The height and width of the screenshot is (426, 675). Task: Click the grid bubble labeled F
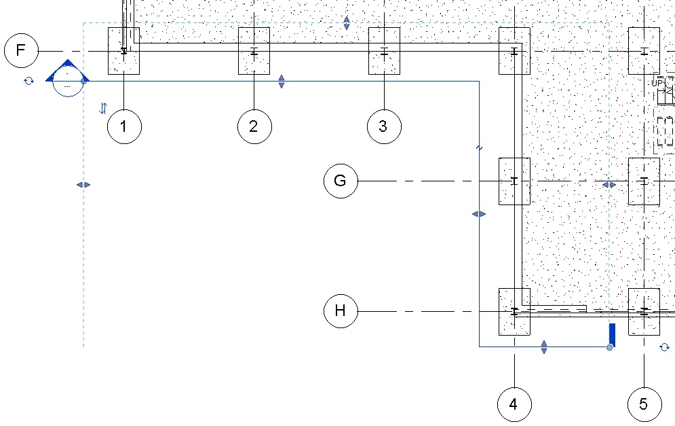pyautogui.click(x=21, y=51)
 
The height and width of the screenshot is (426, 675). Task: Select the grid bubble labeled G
pyautogui.click(x=341, y=181)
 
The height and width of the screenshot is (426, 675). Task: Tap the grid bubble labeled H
pyautogui.click(x=341, y=311)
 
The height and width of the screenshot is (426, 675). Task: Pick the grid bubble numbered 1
pyautogui.click(x=124, y=126)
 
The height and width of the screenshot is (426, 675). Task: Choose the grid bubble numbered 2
pyautogui.click(x=254, y=126)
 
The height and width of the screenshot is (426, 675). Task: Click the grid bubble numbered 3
pyautogui.click(x=384, y=126)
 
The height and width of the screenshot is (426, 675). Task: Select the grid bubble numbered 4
pyautogui.click(x=514, y=405)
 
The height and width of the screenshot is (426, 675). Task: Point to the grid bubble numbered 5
pyautogui.click(x=644, y=405)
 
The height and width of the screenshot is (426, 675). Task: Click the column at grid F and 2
pyautogui.click(x=254, y=51)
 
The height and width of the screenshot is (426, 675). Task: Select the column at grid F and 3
pyautogui.click(x=384, y=51)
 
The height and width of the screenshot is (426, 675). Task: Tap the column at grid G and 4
pyautogui.click(x=514, y=181)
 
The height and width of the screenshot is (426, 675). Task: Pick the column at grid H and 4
pyautogui.click(x=514, y=311)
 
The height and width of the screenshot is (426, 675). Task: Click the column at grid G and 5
pyautogui.click(x=644, y=181)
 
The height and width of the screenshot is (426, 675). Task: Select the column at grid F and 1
pyautogui.click(x=124, y=51)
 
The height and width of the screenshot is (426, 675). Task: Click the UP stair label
pyautogui.click(x=658, y=83)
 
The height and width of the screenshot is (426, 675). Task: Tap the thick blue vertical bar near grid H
pyautogui.click(x=612, y=334)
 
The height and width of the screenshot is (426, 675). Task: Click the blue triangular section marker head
pyautogui.click(x=67, y=71)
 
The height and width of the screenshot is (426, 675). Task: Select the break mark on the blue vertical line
pyautogui.click(x=479, y=147)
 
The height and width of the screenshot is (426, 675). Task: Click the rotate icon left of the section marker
pyautogui.click(x=28, y=81)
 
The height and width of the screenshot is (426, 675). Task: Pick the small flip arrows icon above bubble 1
pyautogui.click(x=103, y=107)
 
